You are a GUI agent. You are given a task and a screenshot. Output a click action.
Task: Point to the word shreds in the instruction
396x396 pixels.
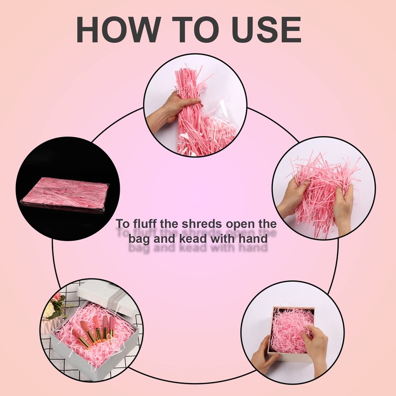(x=203, y=224)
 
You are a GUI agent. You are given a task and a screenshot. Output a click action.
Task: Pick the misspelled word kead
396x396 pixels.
(x=197, y=238)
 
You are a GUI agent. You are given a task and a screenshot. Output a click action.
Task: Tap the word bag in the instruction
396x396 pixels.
(x=138, y=238)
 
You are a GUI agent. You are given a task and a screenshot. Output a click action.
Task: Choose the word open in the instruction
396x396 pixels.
(x=241, y=224)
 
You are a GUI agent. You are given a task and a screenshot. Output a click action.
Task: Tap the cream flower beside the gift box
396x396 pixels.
(x=49, y=310)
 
